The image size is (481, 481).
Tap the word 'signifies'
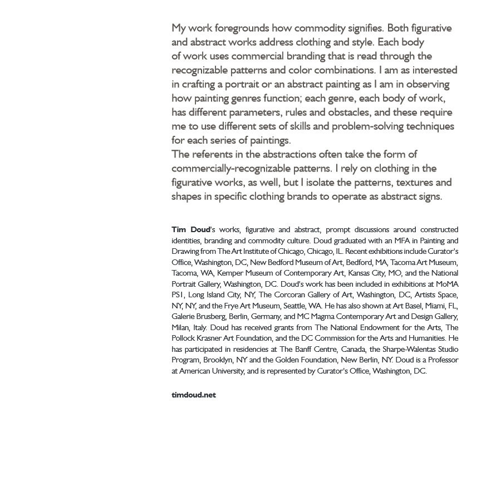[x=362, y=28]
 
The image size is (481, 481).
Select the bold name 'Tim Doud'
[x=190, y=229]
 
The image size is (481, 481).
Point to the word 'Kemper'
[x=229, y=273]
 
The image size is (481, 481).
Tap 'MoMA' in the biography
[x=447, y=284]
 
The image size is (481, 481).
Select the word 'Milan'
[x=180, y=327]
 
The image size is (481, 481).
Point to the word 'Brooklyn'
[x=218, y=360]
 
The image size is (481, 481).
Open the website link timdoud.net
[x=194, y=395]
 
